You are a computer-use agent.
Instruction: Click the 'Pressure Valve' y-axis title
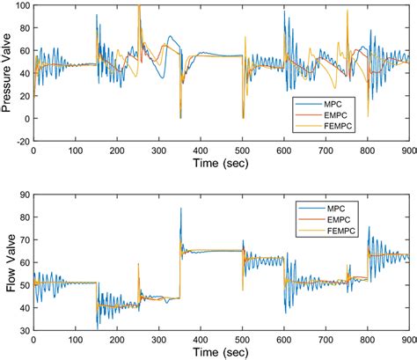tap(8, 72)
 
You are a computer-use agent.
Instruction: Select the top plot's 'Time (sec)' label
tap(221, 163)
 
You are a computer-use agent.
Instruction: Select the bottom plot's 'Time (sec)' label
tap(221, 354)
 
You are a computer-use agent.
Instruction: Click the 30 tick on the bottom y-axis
tap(25, 330)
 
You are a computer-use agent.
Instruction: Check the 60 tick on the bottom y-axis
tap(25, 262)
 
